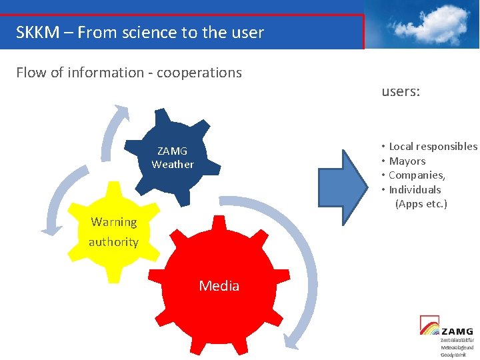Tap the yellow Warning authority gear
click(114, 230)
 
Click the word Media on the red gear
click(219, 286)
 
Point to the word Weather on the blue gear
click(173, 164)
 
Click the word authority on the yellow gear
click(113, 242)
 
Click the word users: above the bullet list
click(401, 92)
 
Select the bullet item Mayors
click(407, 161)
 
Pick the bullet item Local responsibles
click(433, 146)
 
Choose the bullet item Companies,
click(417, 175)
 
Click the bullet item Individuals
click(415, 189)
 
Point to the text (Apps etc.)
click(421, 203)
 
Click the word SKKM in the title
click(37, 32)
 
